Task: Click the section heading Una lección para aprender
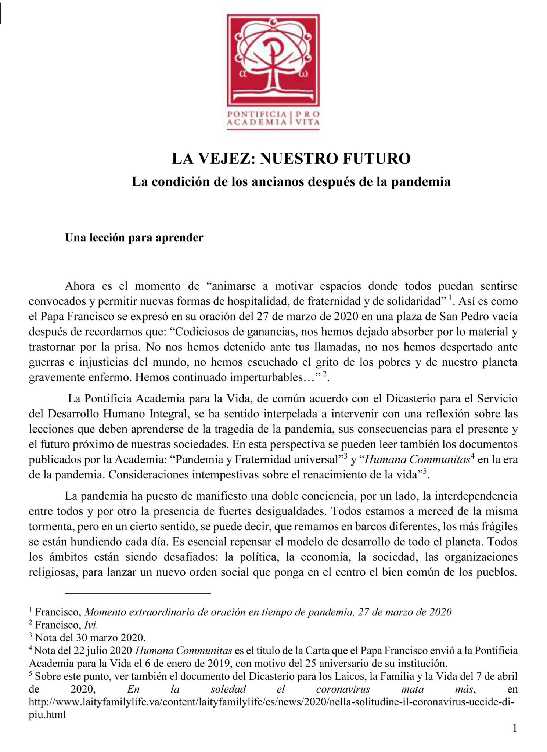[134, 238]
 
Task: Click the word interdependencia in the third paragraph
[476, 496]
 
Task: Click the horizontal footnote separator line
[138, 593]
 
